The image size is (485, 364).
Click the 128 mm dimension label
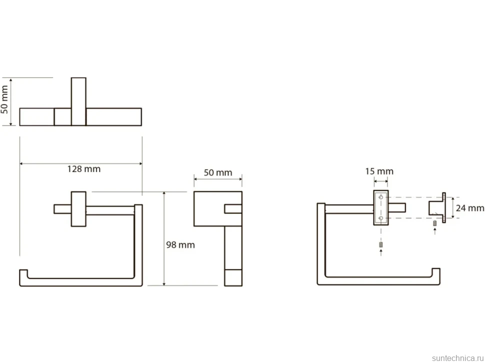(84, 169)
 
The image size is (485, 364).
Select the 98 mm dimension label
(180, 244)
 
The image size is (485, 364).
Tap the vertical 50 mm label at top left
(4, 99)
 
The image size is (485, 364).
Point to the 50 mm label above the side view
(218, 172)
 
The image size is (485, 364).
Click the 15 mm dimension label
(379, 171)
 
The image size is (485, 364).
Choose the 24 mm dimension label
(470, 208)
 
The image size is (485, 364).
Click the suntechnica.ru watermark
(457, 358)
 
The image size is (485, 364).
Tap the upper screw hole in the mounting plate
(381, 197)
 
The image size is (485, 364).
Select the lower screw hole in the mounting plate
(381, 218)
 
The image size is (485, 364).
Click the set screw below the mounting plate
(381, 244)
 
